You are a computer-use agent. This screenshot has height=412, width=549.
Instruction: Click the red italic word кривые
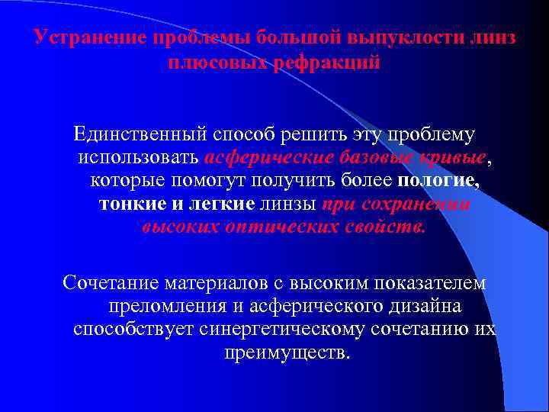451,158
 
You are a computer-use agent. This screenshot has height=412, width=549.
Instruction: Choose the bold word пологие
439,182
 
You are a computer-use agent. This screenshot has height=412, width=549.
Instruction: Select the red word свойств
386,228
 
